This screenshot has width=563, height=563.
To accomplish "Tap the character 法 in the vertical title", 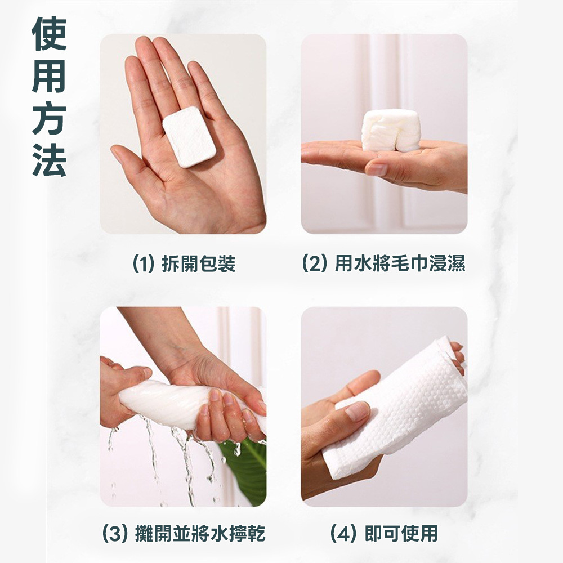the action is [50, 159].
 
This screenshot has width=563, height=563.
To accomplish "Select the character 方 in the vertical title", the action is [50, 118].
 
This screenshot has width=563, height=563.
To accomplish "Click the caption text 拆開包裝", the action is [199, 263].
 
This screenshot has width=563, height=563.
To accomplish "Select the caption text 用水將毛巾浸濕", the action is [400, 263].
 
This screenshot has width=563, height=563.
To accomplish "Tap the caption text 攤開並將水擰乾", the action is [200, 534].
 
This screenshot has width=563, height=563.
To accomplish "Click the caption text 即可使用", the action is [401, 534].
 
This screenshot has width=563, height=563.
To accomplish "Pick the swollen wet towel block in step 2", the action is [391, 130].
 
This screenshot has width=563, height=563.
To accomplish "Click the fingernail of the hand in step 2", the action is [377, 169].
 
